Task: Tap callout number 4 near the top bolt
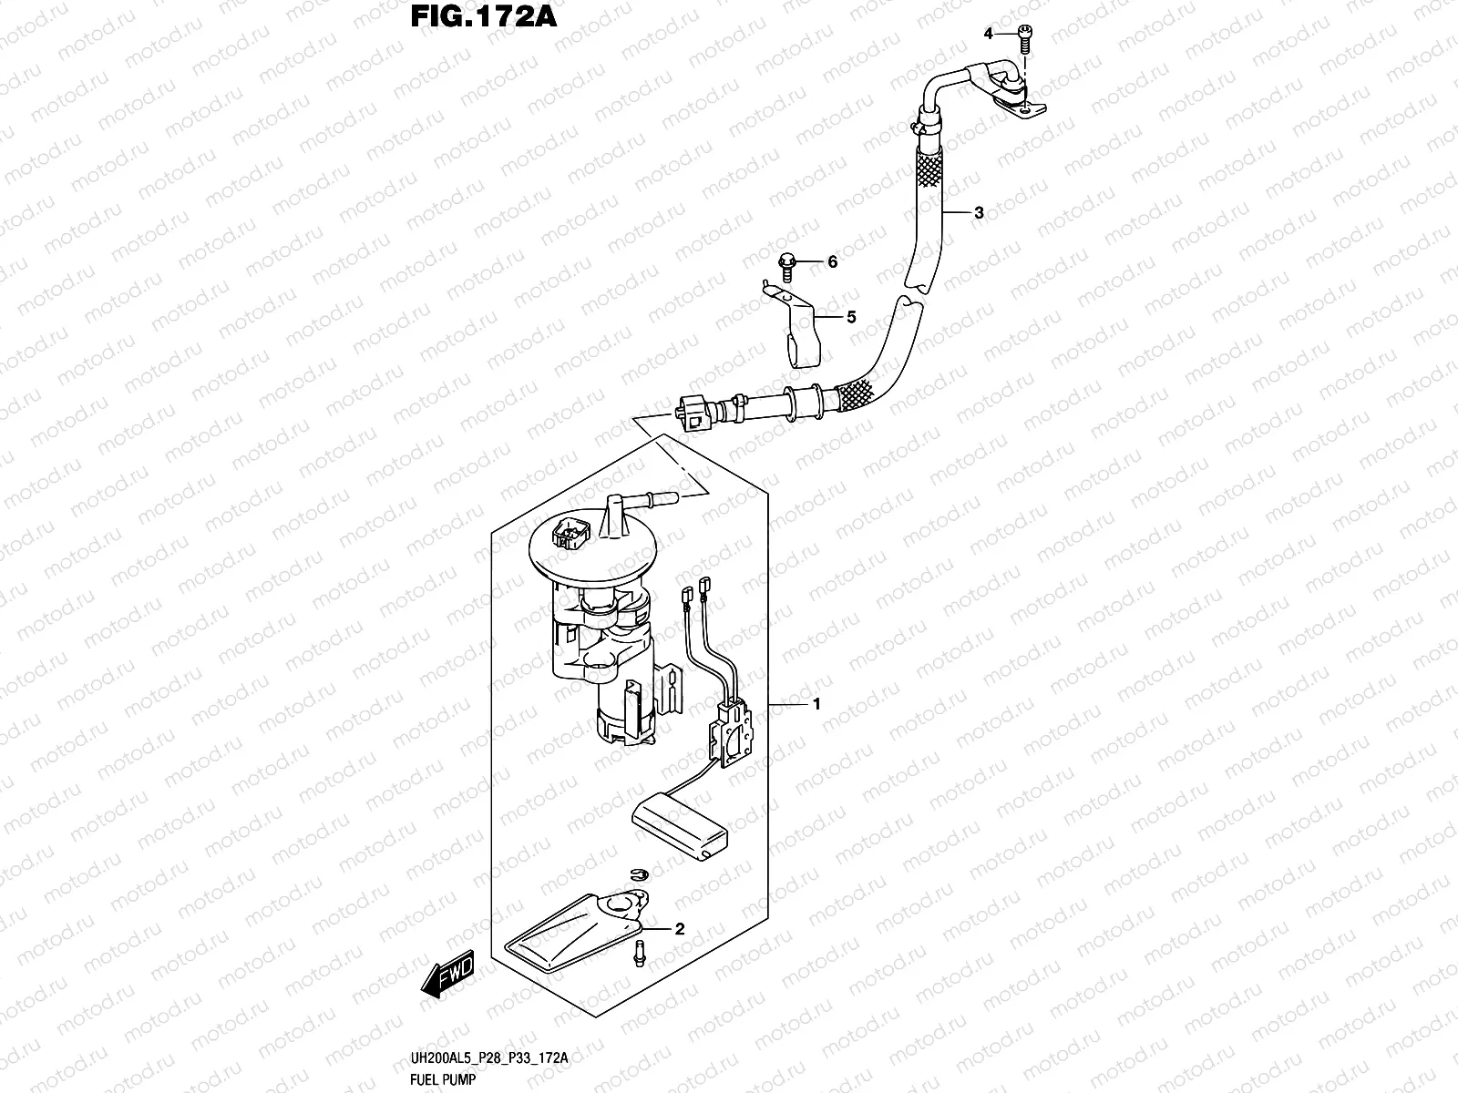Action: click(987, 34)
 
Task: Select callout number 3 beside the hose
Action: click(979, 213)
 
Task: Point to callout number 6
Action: click(831, 262)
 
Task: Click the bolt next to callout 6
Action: click(786, 263)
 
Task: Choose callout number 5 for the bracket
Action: click(851, 317)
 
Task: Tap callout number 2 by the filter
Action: click(678, 930)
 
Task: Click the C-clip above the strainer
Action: click(641, 874)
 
